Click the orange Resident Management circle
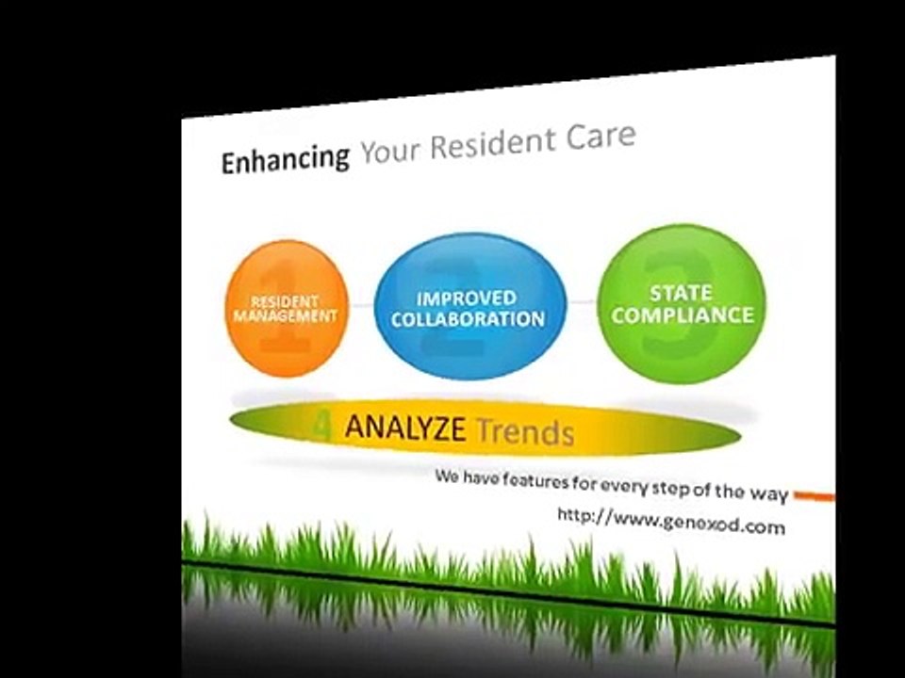(x=287, y=309)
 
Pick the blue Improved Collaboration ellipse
(x=470, y=307)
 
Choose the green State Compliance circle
(x=682, y=304)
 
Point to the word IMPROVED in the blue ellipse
(x=467, y=299)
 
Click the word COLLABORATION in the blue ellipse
(x=469, y=319)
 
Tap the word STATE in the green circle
(x=681, y=294)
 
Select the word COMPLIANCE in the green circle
(x=683, y=315)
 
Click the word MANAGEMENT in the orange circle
(x=285, y=316)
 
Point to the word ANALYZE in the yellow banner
(x=405, y=428)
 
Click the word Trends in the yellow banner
(x=525, y=432)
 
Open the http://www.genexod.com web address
(x=671, y=521)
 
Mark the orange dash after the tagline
(x=814, y=495)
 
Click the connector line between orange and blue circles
(x=362, y=305)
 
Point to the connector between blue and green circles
(x=582, y=301)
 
